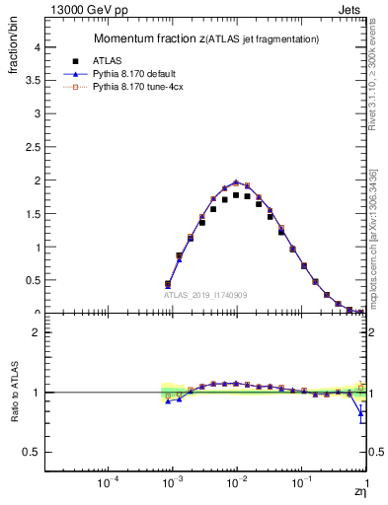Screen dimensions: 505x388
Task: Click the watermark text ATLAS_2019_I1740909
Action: (205, 296)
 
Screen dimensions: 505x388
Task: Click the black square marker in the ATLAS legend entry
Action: (90, 60)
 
